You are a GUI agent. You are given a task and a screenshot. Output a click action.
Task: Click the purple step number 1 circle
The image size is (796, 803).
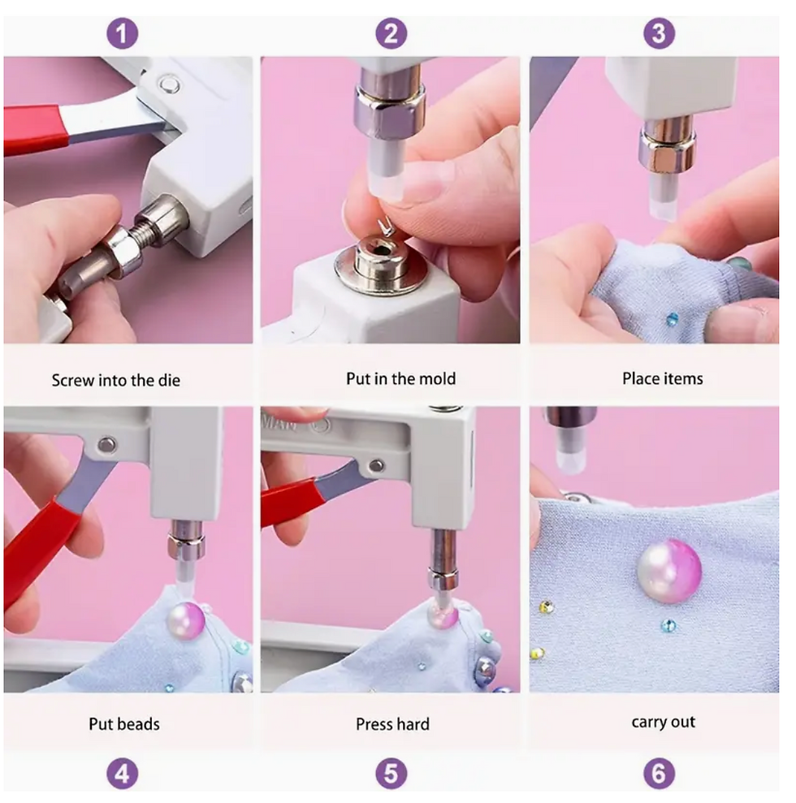click(x=122, y=34)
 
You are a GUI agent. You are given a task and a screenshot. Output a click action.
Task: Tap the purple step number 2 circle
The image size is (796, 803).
click(x=391, y=34)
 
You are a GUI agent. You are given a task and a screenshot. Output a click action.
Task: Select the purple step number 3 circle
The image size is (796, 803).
click(x=659, y=34)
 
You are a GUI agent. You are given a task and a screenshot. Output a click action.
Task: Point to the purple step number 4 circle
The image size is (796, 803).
click(x=122, y=773)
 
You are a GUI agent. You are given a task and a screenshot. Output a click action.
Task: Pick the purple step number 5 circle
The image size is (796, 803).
click(x=391, y=773)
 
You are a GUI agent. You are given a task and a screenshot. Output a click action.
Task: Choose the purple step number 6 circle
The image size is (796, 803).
click(x=659, y=773)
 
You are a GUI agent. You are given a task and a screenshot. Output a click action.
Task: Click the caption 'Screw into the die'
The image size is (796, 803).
click(x=116, y=381)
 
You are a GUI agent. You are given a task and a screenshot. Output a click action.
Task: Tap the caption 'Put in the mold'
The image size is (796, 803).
click(x=400, y=379)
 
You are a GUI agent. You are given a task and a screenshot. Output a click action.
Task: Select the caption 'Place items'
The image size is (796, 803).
click(x=662, y=379)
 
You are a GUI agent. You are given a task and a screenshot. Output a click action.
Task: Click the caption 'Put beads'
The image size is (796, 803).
click(x=124, y=724)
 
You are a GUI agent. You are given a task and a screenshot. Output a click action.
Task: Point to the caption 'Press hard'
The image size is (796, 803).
click(x=392, y=724)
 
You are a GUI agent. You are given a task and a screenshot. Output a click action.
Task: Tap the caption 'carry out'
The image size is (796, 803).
click(x=663, y=722)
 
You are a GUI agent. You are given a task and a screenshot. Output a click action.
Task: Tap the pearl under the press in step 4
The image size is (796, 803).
click(x=185, y=620)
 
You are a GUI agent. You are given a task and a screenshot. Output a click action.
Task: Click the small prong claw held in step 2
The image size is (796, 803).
click(x=385, y=226)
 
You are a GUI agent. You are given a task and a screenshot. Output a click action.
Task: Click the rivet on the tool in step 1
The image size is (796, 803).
click(x=168, y=84)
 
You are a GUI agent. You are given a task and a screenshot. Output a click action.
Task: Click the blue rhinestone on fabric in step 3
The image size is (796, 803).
click(x=673, y=319)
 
